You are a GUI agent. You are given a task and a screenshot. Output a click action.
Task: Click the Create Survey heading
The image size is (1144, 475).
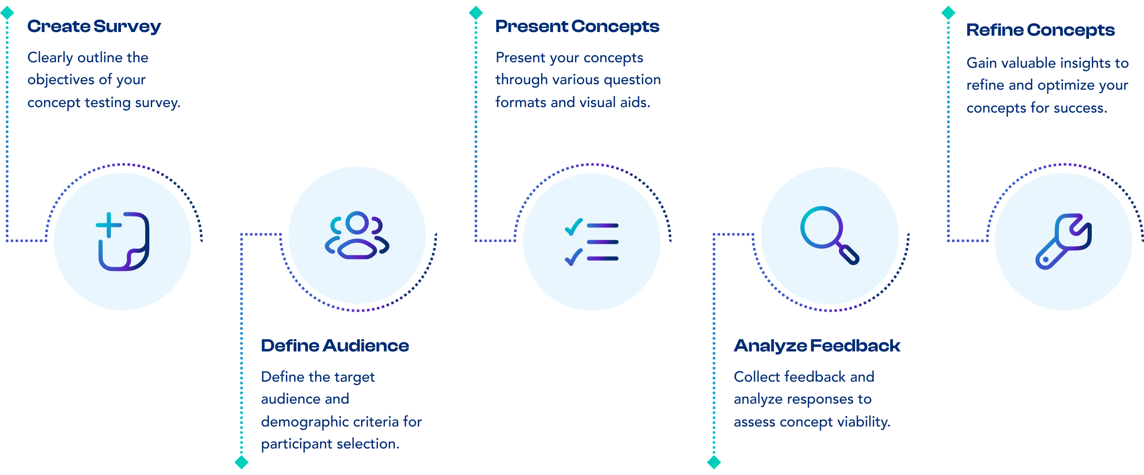[94, 27]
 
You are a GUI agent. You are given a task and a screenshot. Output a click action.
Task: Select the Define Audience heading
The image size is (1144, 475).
[335, 346]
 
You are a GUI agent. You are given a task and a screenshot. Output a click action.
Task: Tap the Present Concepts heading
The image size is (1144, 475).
[577, 27]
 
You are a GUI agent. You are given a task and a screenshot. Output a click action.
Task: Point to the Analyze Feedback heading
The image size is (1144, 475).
[817, 346]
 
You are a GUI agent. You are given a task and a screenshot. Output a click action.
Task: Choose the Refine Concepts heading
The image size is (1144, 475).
[1040, 30]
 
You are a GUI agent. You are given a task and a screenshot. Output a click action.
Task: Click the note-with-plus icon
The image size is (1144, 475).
[123, 241]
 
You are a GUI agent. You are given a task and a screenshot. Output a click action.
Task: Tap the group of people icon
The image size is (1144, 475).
[357, 235]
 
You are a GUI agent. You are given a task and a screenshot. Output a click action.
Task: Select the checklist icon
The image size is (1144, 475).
[591, 242]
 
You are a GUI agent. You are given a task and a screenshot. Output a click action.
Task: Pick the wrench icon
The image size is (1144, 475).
[1063, 241]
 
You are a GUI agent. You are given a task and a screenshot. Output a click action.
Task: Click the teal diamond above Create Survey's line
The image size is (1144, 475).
[7, 13]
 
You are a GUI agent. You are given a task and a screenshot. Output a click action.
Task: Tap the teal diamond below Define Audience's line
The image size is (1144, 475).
[241, 463]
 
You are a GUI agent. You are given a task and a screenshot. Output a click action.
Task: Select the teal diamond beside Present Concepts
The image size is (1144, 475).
[476, 13]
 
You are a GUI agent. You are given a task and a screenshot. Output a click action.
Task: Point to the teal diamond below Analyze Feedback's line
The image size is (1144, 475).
[714, 463]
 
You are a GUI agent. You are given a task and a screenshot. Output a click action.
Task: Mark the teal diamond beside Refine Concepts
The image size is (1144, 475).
[948, 13]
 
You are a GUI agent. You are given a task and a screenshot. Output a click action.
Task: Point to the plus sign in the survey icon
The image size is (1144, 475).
[109, 225]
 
